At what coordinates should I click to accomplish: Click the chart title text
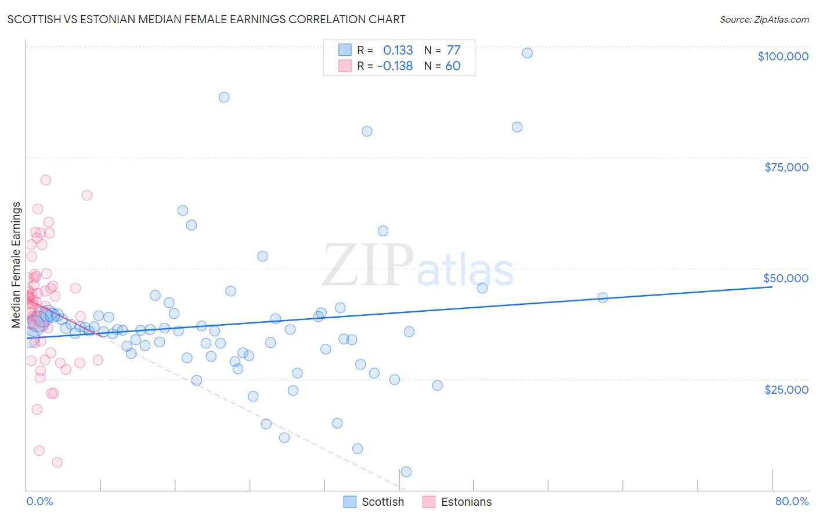click(206, 19)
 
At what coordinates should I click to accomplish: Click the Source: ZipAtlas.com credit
click(764, 19)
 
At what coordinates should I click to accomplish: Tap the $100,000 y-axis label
click(782, 56)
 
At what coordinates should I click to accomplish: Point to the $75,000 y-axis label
click(786, 167)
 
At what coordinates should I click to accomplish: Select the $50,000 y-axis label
click(785, 278)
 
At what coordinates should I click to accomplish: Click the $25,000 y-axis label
click(786, 389)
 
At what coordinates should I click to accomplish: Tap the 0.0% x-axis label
click(39, 502)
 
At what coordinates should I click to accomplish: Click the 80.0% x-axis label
click(792, 502)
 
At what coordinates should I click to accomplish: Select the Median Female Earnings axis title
click(16, 265)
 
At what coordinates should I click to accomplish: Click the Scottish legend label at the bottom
click(382, 502)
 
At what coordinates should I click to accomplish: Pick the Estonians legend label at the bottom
click(466, 502)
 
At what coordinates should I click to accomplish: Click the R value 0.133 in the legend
click(398, 50)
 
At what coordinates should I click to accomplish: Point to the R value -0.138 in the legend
click(395, 66)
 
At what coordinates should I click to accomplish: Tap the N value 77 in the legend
click(453, 50)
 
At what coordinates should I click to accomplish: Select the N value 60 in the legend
click(453, 66)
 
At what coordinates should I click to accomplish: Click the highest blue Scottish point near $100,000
click(527, 53)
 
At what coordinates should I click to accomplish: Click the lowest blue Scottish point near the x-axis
click(406, 472)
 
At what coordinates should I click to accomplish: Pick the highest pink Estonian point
click(45, 180)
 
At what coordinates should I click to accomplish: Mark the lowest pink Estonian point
click(57, 462)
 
